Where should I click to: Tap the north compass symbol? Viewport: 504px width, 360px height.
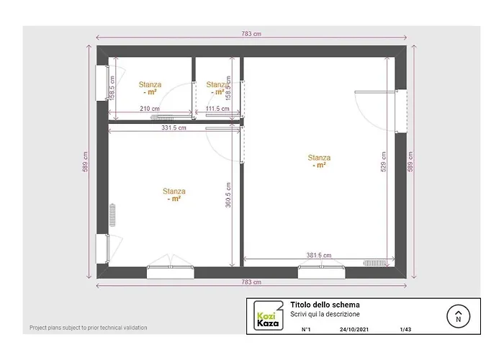(x=458, y=315)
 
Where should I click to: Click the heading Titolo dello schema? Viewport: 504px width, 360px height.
(x=325, y=305)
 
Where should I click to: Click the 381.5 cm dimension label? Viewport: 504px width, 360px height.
(x=318, y=256)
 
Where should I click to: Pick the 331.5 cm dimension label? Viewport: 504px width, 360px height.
(x=174, y=128)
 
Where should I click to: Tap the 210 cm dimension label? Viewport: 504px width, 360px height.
(x=150, y=109)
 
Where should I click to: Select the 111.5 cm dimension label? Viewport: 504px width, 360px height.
(x=217, y=109)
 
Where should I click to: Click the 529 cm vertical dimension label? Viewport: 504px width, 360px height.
(x=384, y=166)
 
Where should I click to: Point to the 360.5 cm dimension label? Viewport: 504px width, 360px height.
(x=228, y=194)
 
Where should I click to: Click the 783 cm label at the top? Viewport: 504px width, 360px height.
(x=251, y=34)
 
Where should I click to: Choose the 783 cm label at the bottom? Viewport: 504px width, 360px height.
(x=251, y=282)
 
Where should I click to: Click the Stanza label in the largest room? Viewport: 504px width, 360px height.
(x=319, y=158)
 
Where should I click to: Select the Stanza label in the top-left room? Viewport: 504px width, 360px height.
(x=150, y=84)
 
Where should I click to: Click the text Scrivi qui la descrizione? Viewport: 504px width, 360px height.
(x=325, y=315)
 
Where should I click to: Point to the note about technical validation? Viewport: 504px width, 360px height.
(x=89, y=328)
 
